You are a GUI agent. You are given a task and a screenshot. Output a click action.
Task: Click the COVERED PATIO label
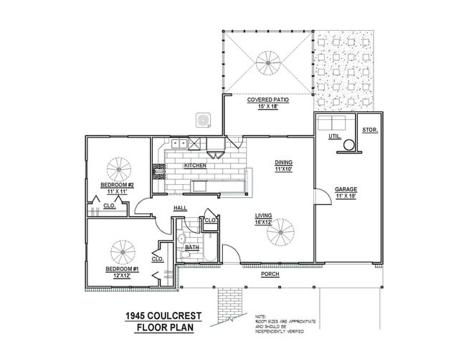pos(268,100)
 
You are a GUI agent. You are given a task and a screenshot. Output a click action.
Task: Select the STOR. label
pos(370,130)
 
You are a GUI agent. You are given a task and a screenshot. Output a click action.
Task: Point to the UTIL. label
pos(334,136)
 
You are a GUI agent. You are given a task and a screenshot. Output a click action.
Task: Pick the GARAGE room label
pos(346,189)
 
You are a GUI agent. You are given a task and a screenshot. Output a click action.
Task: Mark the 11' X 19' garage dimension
pos(346,196)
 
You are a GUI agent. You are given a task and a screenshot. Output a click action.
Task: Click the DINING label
pos(283,162)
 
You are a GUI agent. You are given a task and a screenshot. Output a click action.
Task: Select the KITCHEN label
pos(195,166)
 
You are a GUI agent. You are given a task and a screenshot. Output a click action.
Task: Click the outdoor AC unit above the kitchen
pos(204,119)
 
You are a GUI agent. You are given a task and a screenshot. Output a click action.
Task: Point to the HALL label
pos(180,209)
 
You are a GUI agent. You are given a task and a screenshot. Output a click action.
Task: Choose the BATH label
pos(191,248)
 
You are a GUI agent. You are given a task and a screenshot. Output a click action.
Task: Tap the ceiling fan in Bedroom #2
pos(119,169)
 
